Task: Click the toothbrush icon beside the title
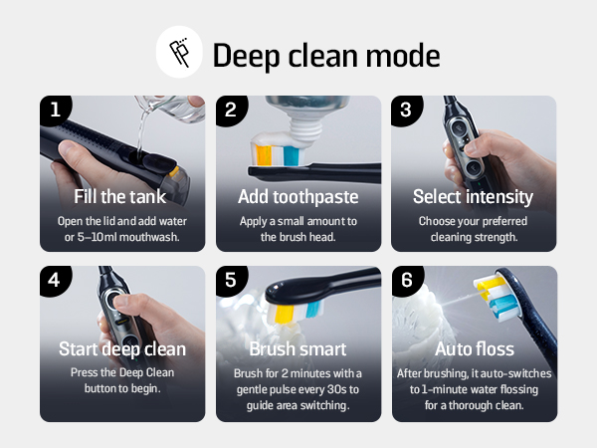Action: coord(179,52)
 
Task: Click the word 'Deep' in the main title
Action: coord(246,56)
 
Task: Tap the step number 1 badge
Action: coord(55,110)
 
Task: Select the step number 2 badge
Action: coord(231,110)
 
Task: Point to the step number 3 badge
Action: coord(406,110)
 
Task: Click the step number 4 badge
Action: coord(55,280)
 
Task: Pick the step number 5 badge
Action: coord(231,280)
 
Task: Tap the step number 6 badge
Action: coord(407,280)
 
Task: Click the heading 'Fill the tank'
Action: coord(120,196)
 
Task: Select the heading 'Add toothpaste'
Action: coord(298,197)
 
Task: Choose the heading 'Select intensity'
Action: coord(473,197)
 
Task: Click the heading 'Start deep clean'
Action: coord(122,349)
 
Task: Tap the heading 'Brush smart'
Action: coord(298,349)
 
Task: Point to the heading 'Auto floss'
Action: coord(475,349)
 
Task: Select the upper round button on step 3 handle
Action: coord(459,126)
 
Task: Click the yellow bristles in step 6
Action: coord(489,287)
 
